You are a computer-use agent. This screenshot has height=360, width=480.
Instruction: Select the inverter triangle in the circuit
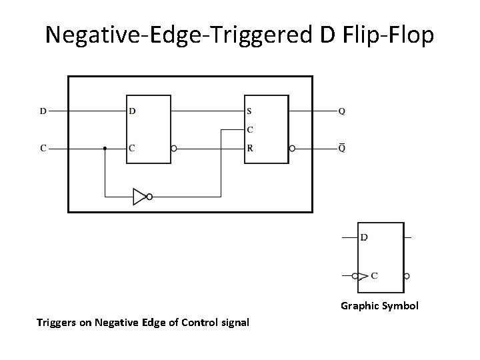tap(139, 197)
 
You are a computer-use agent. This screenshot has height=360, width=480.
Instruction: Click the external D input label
tap(43, 111)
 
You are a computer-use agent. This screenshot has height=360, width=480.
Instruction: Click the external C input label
tap(43, 148)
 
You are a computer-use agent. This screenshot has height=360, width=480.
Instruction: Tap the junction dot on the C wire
tap(105, 148)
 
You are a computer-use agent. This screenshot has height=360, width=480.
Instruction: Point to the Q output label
tap(341, 111)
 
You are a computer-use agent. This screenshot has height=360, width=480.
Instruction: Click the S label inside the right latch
tap(249, 111)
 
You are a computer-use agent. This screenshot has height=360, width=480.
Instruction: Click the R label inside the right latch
tap(249, 148)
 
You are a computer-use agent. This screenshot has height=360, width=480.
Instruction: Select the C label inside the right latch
tap(249, 129)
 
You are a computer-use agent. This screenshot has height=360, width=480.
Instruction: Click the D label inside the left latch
tap(132, 111)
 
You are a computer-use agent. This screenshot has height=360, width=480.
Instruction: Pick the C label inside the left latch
tap(132, 148)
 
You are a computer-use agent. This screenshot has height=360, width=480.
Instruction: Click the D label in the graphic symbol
tap(364, 237)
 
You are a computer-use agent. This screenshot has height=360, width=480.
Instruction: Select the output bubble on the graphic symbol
tap(407, 275)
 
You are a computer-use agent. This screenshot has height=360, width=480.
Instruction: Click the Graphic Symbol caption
tap(379, 306)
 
